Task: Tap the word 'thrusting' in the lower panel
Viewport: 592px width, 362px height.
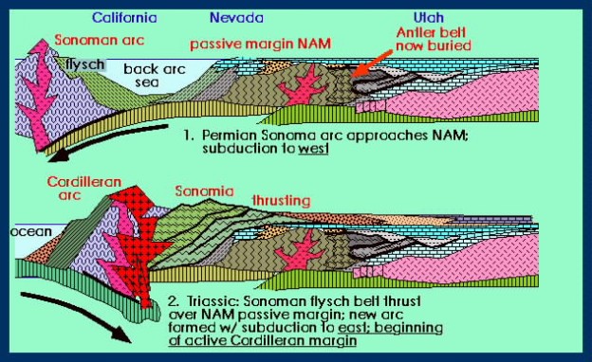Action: pyautogui.click(x=284, y=201)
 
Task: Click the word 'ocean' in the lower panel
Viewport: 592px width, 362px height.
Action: pyautogui.click(x=29, y=228)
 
